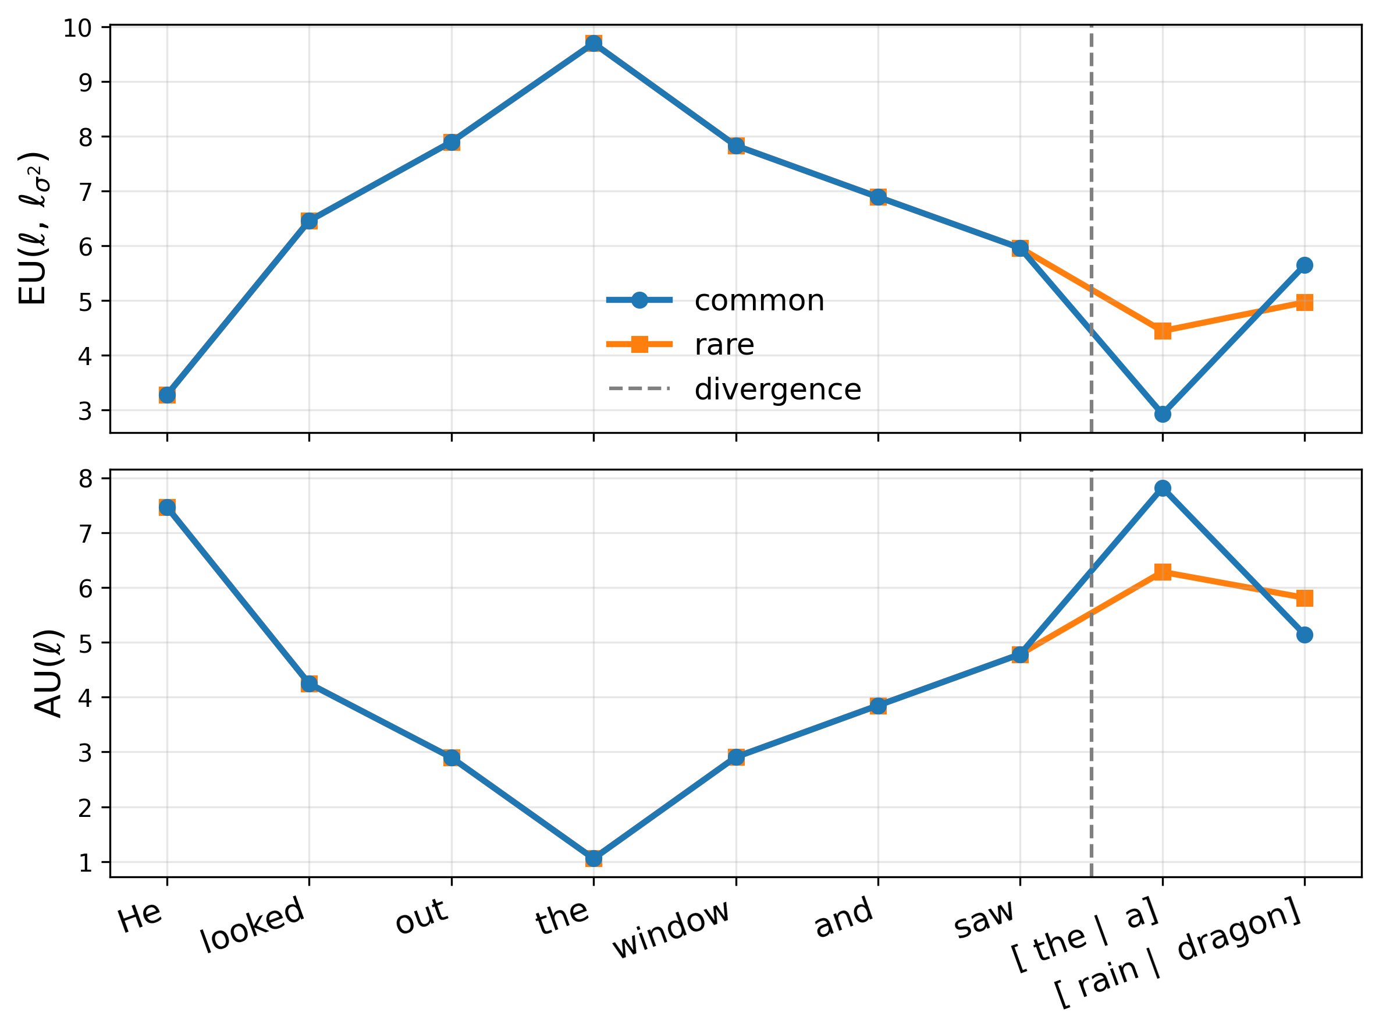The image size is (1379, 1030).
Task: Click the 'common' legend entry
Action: [758, 301]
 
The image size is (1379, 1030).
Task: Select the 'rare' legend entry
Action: [724, 345]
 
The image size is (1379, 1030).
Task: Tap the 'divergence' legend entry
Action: [777, 390]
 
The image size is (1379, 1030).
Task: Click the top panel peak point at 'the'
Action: [593, 44]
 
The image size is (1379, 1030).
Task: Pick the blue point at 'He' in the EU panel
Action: [167, 395]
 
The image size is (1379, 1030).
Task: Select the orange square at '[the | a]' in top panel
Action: [1162, 331]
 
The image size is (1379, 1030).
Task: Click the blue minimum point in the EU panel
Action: [1162, 414]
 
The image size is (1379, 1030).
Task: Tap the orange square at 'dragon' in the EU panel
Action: [1304, 303]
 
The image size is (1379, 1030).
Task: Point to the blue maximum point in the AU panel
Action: [1162, 488]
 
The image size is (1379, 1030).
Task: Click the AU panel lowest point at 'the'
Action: [593, 859]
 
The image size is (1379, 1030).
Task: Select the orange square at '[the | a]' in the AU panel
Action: [1162, 572]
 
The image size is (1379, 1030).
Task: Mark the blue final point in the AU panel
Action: [1304, 635]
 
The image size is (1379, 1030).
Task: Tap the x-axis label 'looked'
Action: [253, 925]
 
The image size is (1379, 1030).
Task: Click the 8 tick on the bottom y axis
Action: [86, 479]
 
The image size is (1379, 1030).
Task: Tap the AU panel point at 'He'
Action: [167, 508]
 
